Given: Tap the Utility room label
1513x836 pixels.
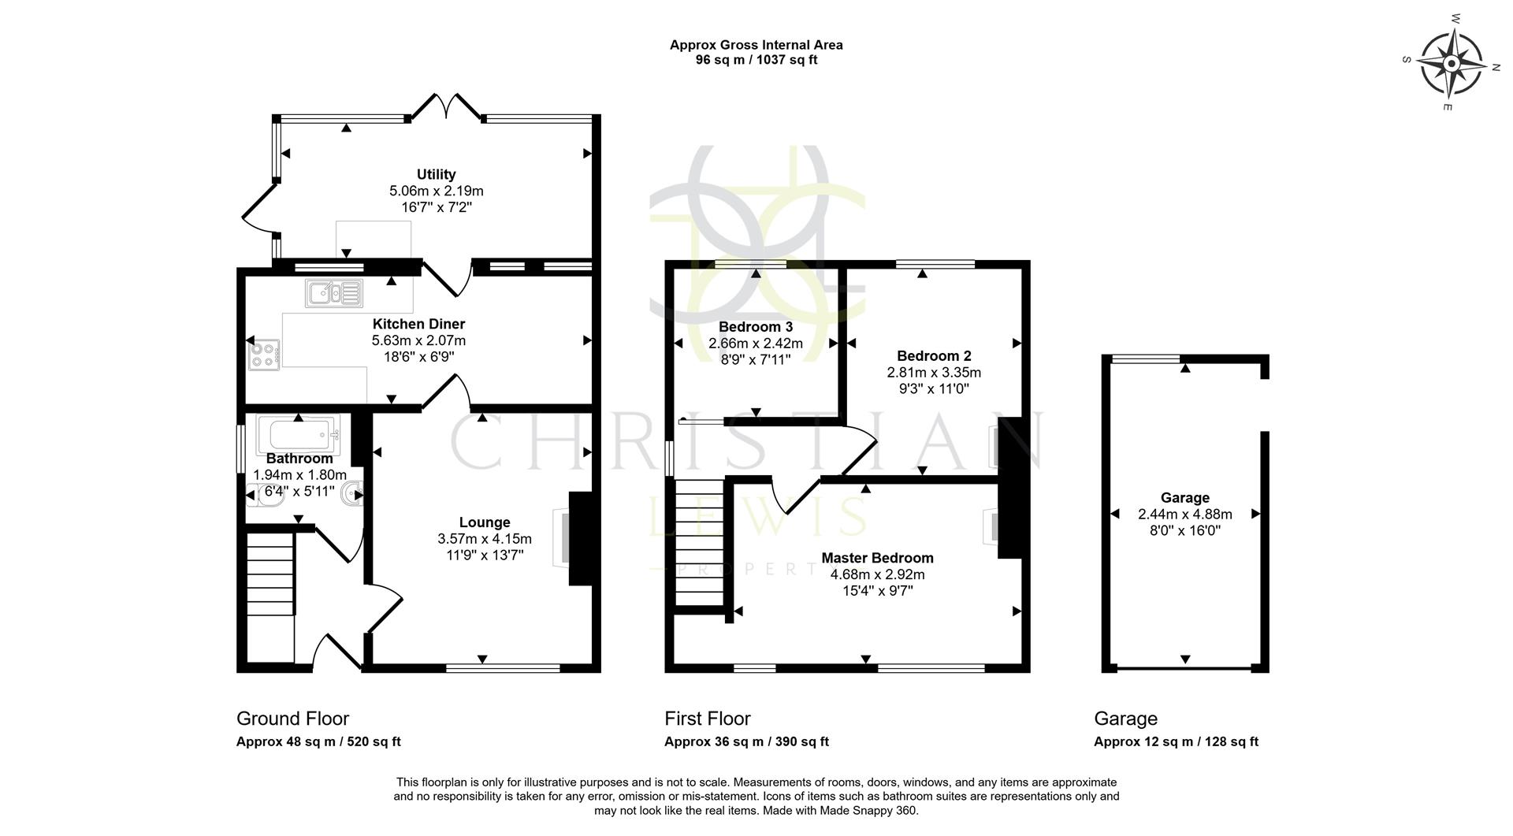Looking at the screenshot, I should coord(436,174).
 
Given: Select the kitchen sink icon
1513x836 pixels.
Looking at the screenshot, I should coord(334,293).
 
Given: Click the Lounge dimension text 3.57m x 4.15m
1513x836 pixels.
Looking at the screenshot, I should coord(485,539).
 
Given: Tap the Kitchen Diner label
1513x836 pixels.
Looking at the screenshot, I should coord(418,324).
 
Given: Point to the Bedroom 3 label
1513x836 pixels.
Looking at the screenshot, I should coord(755,327).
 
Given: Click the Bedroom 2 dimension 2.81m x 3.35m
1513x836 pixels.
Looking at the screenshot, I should coord(934,373).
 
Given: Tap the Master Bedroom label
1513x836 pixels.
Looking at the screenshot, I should coord(877,558).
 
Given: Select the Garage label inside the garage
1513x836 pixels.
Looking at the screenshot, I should coord(1184,497).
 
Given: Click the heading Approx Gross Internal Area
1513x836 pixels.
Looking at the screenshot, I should coord(756,45).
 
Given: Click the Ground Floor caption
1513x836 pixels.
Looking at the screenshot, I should coord(292,719).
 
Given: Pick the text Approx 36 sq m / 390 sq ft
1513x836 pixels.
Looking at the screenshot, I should coord(746,741).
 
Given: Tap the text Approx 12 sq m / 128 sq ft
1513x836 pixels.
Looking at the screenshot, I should coord(1176,741).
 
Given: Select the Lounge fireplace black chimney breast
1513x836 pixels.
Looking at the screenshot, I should coord(580,539).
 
